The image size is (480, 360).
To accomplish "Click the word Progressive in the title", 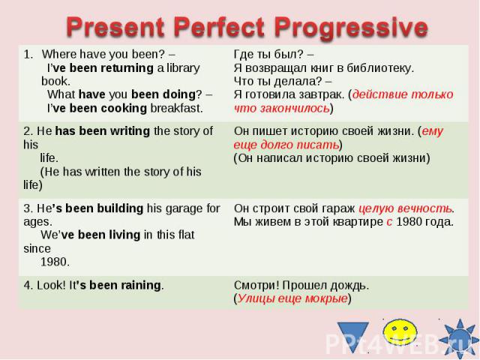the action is point(351,28).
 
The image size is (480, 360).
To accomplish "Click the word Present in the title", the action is point(115,28).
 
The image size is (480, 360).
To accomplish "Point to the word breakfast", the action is point(176,108).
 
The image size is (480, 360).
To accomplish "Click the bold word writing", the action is point(130,131).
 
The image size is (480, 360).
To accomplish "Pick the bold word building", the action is point(120,208).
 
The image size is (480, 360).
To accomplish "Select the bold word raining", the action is point(141,286).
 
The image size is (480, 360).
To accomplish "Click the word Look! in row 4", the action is point(52,285).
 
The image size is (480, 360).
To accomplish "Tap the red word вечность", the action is point(425,208).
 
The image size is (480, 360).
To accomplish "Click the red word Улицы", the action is point(253,298).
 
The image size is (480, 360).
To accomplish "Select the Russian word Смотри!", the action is point(256,285).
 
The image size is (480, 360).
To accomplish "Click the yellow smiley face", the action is point(400,331).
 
